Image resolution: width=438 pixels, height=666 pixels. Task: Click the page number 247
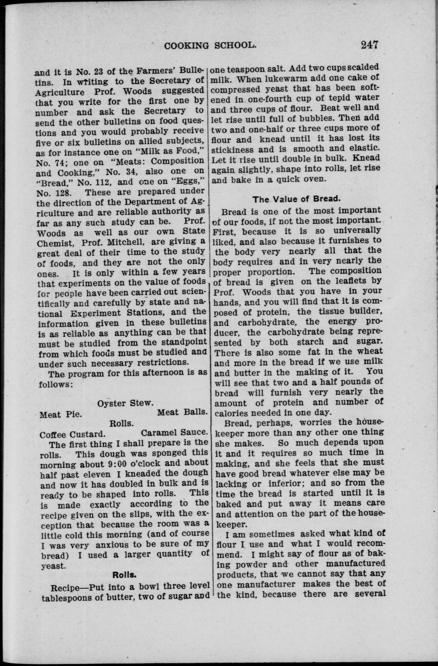[x=368, y=45]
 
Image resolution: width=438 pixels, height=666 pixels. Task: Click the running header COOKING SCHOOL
[x=210, y=46]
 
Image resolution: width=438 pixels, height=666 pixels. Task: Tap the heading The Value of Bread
[x=297, y=199]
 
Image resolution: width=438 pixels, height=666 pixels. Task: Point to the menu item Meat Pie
[x=60, y=414]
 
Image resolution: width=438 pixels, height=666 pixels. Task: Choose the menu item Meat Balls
[x=183, y=413]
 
